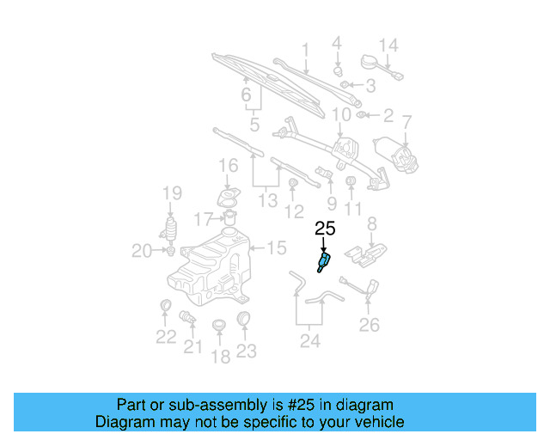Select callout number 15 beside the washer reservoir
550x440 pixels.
(x=275, y=248)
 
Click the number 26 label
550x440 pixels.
(x=369, y=325)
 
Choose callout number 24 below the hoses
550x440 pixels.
(x=309, y=341)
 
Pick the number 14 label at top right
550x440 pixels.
(x=388, y=45)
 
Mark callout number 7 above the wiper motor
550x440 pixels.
(x=407, y=121)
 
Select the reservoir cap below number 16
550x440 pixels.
(x=229, y=199)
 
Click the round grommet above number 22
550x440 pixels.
(x=166, y=306)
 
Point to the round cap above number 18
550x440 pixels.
(x=219, y=325)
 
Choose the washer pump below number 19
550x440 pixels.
(x=171, y=231)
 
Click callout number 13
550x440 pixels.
(x=267, y=200)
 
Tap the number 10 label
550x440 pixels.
(x=341, y=114)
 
